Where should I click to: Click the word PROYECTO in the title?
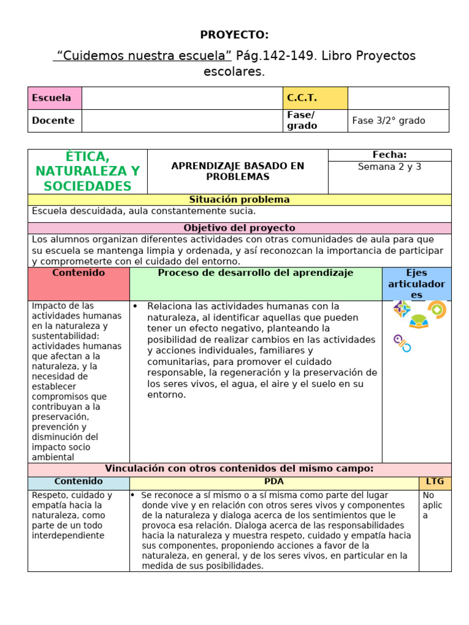coord(234,35)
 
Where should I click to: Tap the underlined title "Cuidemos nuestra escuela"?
coord(142,56)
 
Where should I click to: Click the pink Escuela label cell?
coord(54,98)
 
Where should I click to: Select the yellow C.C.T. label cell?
coord(314,98)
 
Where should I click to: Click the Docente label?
coord(53,120)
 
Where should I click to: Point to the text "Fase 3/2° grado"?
coord(388,120)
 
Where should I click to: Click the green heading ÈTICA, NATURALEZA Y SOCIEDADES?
coord(87,172)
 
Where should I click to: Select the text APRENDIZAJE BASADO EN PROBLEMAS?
coord(238,171)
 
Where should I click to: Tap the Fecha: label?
coord(390,155)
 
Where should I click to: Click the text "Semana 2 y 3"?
coord(390,167)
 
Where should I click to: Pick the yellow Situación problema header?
coord(239,200)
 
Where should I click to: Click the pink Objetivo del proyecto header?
coord(239,228)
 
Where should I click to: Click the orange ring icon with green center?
coord(437,309)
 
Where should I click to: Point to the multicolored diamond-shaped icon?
coord(402,308)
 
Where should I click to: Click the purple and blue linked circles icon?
coord(402,343)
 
